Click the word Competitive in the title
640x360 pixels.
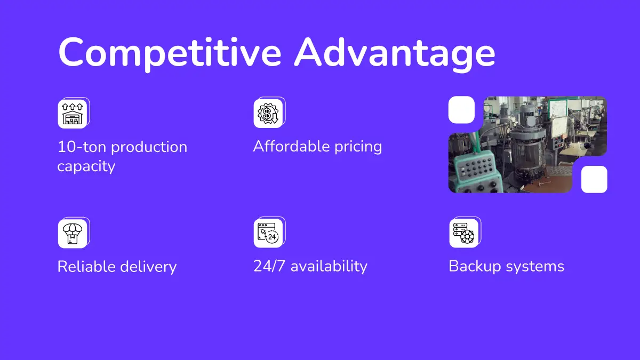point(170,53)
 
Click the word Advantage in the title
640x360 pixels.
point(395,53)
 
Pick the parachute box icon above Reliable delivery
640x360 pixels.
point(73,234)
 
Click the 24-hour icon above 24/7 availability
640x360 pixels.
point(268,233)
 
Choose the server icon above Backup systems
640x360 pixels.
point(463,233)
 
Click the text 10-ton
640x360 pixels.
point(82,147)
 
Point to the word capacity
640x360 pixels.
point(86,166)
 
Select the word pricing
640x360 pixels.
point(358,147)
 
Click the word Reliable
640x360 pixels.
point(86,266)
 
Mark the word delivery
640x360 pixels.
point(148,267)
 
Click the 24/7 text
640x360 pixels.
point(269,266)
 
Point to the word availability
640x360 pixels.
point(329,267)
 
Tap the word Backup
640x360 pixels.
point(475,267)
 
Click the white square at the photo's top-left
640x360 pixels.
point(461,110)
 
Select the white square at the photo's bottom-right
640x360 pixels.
point(594,179)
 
